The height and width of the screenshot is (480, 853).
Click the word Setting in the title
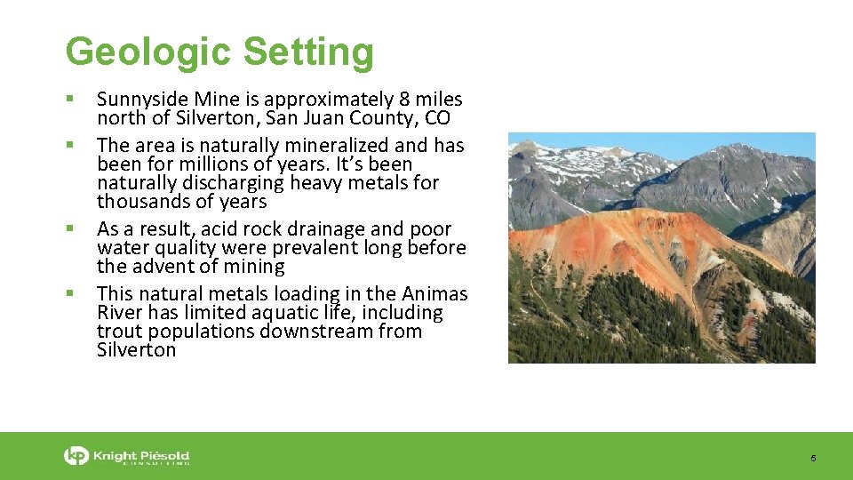click(308, 52)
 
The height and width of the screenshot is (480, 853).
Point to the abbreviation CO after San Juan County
click(437, 118)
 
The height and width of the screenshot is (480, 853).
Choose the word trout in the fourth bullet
click(119, 332)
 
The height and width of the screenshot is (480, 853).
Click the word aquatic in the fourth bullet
click(304, 313)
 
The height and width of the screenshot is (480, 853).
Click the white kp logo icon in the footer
click(77, 456)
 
